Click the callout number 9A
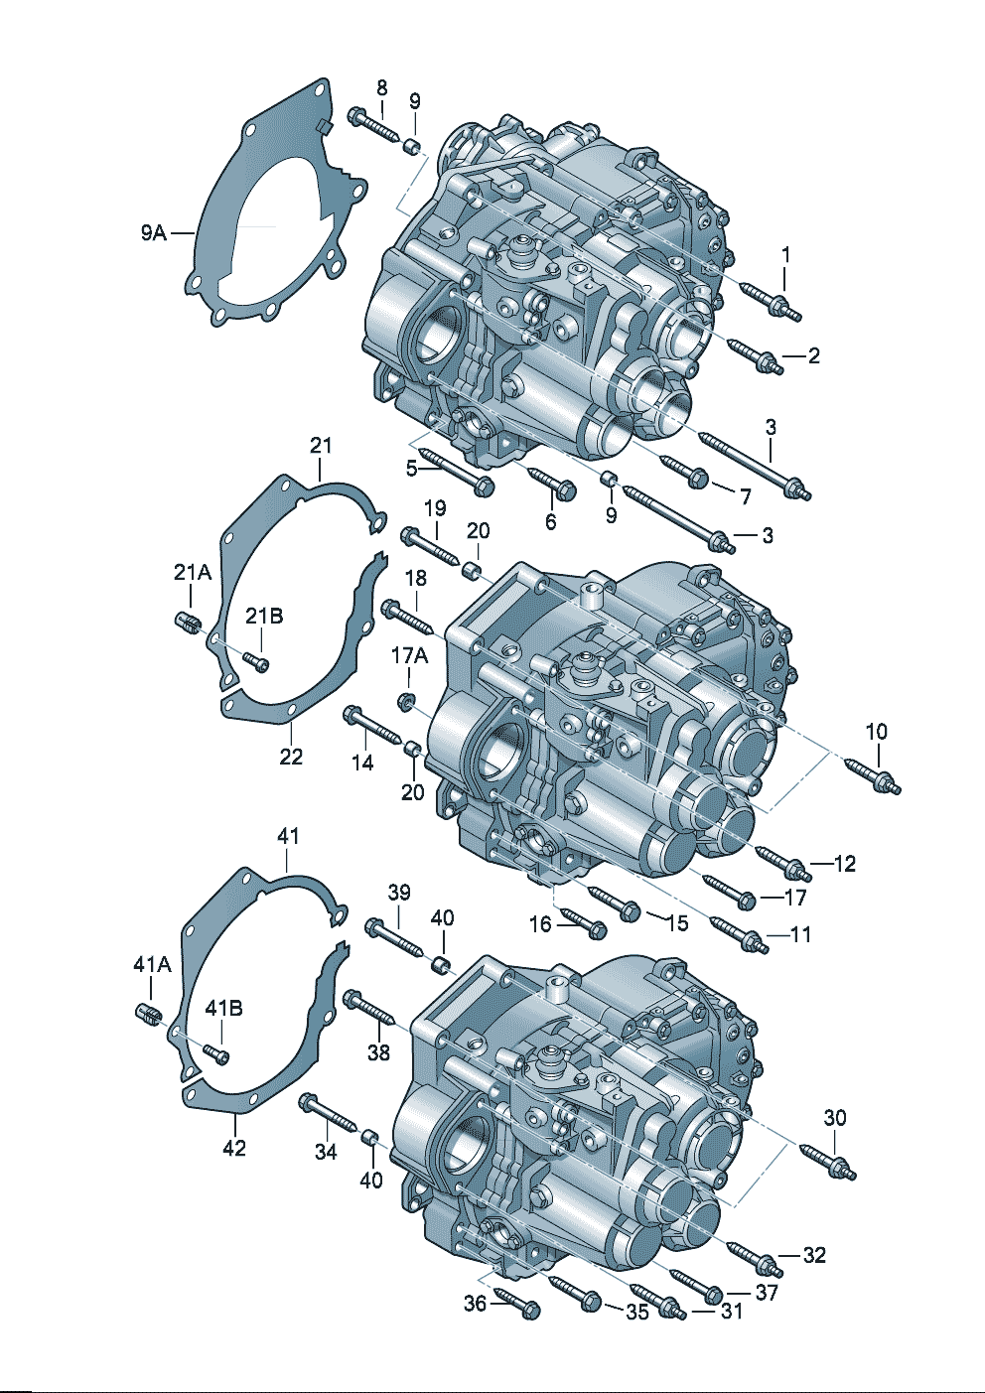click(153, 233)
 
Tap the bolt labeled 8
click(371, 125)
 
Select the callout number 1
click(785, 255)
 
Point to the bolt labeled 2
click(755, 355)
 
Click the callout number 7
click(744, 495)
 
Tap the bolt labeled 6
click(551, 482)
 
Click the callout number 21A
click(193, 572)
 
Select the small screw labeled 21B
click(256, 660)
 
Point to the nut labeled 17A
click(406, 702)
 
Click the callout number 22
click(290, 757)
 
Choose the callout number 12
click(844, 864)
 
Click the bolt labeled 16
click(582, 924)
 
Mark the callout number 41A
click(152, 964)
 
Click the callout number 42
click(234, 1148)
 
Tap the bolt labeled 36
click(515, 1302)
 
